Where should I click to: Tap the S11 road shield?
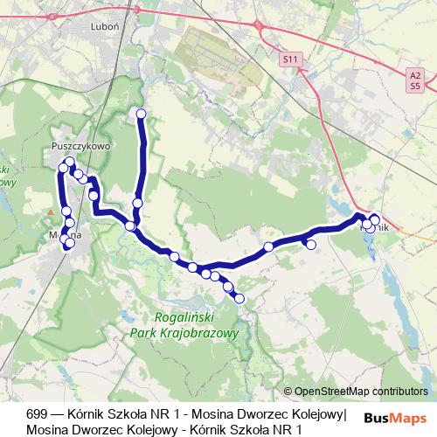(291, 59)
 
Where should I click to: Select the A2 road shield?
(415, 76)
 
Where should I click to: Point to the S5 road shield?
(415, 87)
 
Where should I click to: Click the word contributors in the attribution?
(402, 392)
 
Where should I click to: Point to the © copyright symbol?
(288, 392)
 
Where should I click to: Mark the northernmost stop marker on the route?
(141, 113)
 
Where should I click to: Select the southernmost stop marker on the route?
(239, 299)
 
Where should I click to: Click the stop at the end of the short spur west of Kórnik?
(310, 244)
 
